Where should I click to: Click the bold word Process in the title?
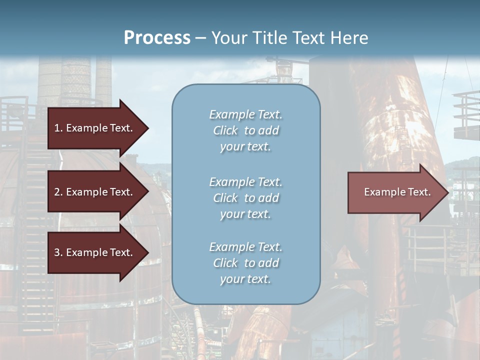click(x=157, y=38)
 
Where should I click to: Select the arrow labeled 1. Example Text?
click(x=95, y=128)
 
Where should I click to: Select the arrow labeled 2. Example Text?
click(x=95, y=192)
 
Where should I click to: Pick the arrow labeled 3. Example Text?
click(x=95, y=252)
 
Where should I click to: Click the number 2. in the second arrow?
click(x=58, y=192)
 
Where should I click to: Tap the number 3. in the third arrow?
click(x=58, y=252)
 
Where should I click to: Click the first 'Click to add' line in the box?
click(x=245, y=131)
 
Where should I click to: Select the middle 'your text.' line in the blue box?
click(x=245, y=214)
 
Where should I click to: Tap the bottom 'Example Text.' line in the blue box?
click(x=245, y=247)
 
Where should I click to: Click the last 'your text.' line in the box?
click(x=245, y=279)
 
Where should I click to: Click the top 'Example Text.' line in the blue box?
click(x=245, y=114)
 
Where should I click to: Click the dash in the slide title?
click(x=200, y=38)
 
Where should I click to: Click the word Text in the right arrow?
click(x=419, y=192)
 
